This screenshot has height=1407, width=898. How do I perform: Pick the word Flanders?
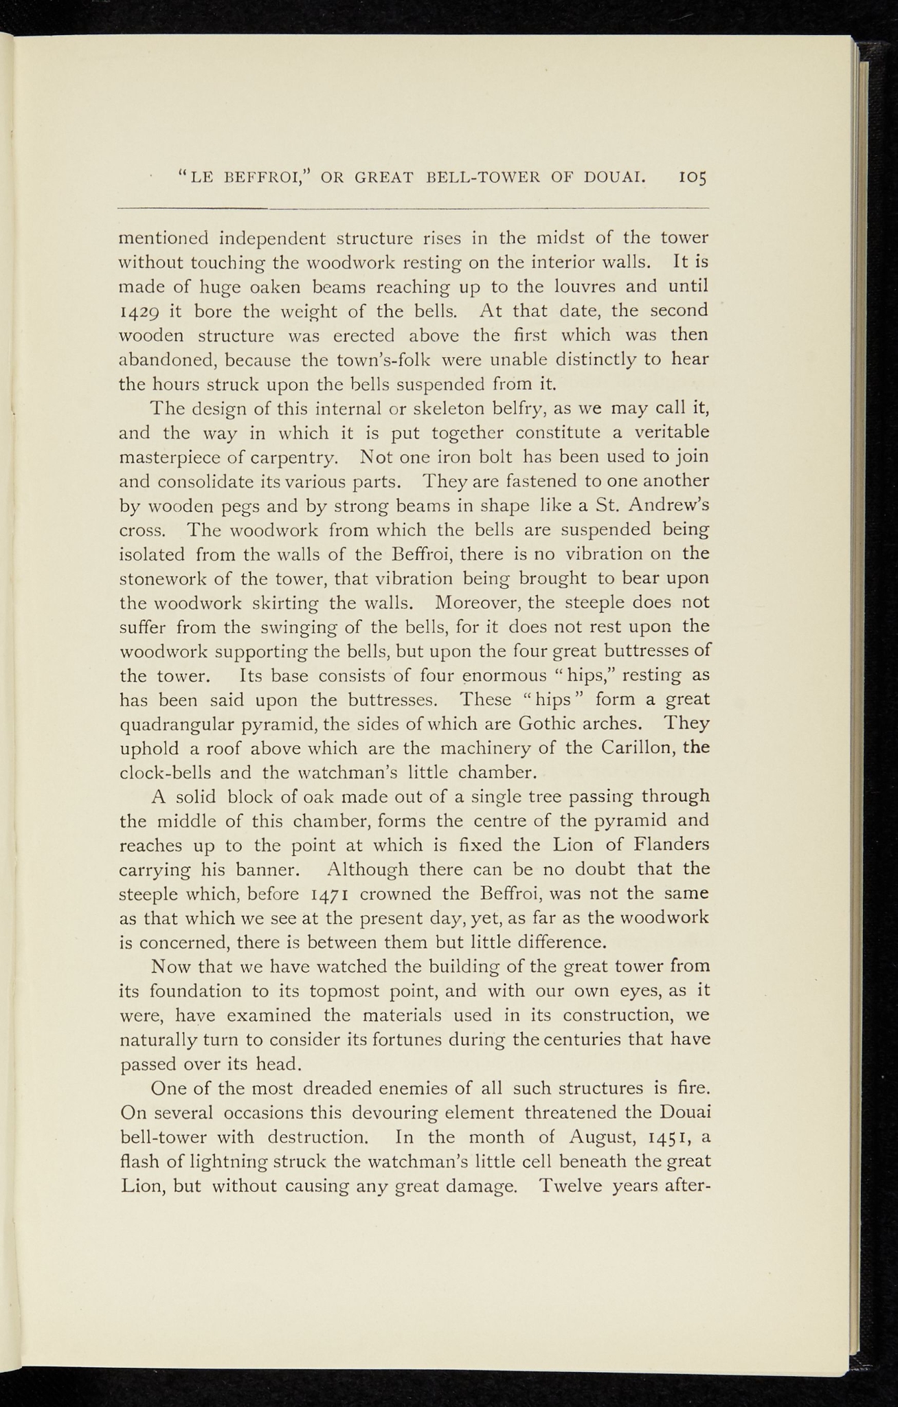tap(669, 845)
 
